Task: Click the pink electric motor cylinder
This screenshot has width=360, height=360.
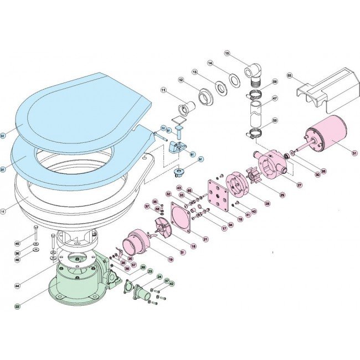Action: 327,136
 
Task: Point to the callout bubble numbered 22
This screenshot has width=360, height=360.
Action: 17,306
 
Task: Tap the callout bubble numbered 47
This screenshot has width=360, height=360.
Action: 275,99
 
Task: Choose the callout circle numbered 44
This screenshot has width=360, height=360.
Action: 17,286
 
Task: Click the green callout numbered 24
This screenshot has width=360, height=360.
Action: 160,277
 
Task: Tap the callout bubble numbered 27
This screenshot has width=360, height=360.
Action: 300,184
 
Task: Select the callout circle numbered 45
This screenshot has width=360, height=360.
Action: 17,243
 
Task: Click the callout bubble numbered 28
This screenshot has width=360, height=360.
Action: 268,204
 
